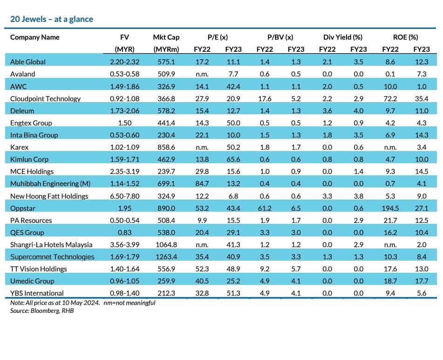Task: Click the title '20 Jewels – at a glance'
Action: click(52, 19)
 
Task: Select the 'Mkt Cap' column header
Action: click(166, 37)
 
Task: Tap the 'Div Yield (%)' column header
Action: click(343, 37)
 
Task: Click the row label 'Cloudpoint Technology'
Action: click(45, 99)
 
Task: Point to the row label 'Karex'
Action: click(19, 147)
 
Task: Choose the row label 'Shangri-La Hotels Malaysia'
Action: click(51, 245)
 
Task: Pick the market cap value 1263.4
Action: click(166, 257)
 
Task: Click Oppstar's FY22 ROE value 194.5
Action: click(390, 208)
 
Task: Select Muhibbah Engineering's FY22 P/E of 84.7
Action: click(202, 184)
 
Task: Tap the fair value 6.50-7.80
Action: click(124, 196)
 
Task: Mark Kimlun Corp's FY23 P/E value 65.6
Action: click(233, 159)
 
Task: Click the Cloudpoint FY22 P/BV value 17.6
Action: click(265, 99)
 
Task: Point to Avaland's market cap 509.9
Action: click(166, 74)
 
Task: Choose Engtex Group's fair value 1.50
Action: click(124, 123)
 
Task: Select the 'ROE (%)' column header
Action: click(405, 37)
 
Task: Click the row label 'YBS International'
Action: click(37, 293)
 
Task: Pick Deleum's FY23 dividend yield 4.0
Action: click(359, 111)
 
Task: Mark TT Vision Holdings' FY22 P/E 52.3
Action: click(202, 269)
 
